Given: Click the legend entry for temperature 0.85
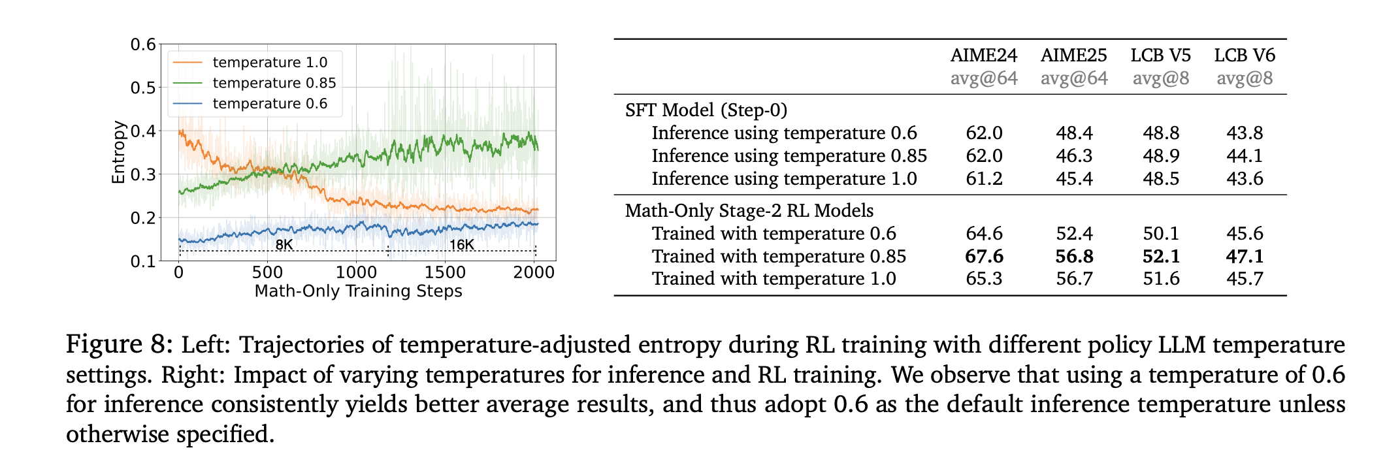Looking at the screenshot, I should coord(274,83).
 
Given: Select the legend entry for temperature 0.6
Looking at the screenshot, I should coord(270,104).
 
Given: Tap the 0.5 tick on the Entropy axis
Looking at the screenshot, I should coord(143,88).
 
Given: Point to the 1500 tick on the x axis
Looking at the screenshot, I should coord(445,272).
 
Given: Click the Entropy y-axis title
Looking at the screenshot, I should coord(118,152).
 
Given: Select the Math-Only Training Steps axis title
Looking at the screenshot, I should coord(358,291).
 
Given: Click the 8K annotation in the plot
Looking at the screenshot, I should coord(284,245).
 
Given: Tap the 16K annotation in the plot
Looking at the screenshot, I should coord(461,245).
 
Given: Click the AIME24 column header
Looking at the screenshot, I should coord(984,56).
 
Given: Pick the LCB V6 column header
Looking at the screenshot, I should coord(1245,56).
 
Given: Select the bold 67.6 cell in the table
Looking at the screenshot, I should coord(984,256).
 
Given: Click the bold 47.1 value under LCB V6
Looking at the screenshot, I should coord(1245,256).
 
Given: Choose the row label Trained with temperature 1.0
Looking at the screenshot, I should coord(774,279).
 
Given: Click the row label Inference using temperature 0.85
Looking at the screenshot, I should coord(789,155).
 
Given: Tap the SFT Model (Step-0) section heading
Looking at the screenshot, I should coord(706,110).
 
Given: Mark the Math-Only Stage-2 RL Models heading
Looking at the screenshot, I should coord(749,210).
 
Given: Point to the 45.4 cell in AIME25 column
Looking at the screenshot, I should coord(1074,178).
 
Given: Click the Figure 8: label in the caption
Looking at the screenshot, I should coord(120,344).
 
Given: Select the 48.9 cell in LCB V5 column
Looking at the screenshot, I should coord(1161,155).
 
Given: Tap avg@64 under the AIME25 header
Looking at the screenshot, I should coord(1074,78).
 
